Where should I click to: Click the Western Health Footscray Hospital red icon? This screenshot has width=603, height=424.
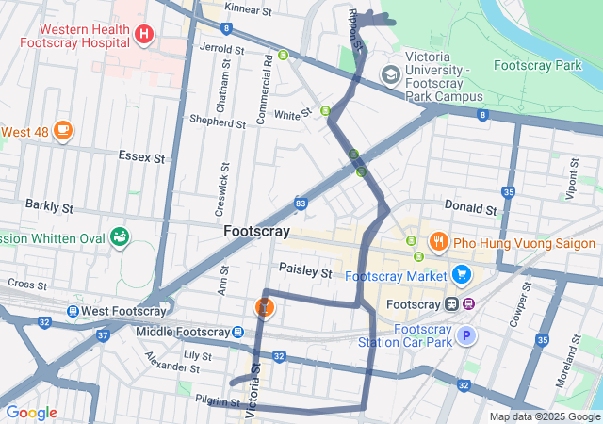tap(143, 36)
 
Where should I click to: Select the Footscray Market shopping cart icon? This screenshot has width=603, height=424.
tap(461, 275)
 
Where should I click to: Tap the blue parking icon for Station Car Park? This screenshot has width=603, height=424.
tap(465, 335)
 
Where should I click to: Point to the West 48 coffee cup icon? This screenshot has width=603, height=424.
tap(63, 129)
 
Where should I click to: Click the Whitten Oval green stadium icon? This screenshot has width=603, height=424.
tap(120, 236)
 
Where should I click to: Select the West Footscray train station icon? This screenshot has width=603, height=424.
tap(73, 312)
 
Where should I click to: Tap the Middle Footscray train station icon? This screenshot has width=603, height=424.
tap(237, 332)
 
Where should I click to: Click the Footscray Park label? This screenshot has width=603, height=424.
tap(538, 66)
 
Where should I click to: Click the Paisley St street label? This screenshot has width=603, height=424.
tap(305, 271)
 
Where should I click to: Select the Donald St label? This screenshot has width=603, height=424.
tap(470, 207)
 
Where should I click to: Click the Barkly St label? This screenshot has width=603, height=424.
tap(49, 204)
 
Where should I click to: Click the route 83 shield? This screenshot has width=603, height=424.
tap(301, 203)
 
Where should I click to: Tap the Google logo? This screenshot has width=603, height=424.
tap(31, 413)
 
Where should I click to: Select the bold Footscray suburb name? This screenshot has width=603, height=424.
tap(256, 231)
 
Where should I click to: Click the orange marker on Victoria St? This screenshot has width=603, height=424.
tap(266, 306)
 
